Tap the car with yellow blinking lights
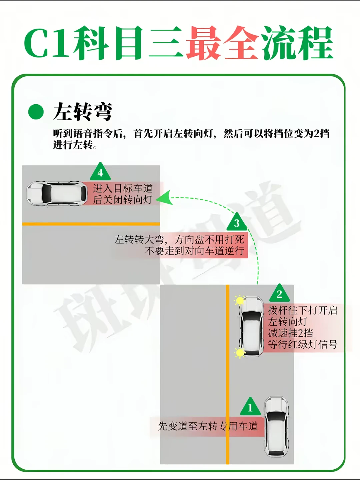251,326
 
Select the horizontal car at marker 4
57,193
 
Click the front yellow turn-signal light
240,300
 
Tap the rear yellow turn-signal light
240,353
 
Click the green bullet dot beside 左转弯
36,112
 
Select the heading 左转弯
83,112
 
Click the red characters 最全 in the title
223,43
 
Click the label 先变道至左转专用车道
208,426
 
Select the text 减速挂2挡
290,333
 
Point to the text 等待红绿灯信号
303,344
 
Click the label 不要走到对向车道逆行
194,251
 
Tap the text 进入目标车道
123,188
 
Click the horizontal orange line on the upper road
91,224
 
